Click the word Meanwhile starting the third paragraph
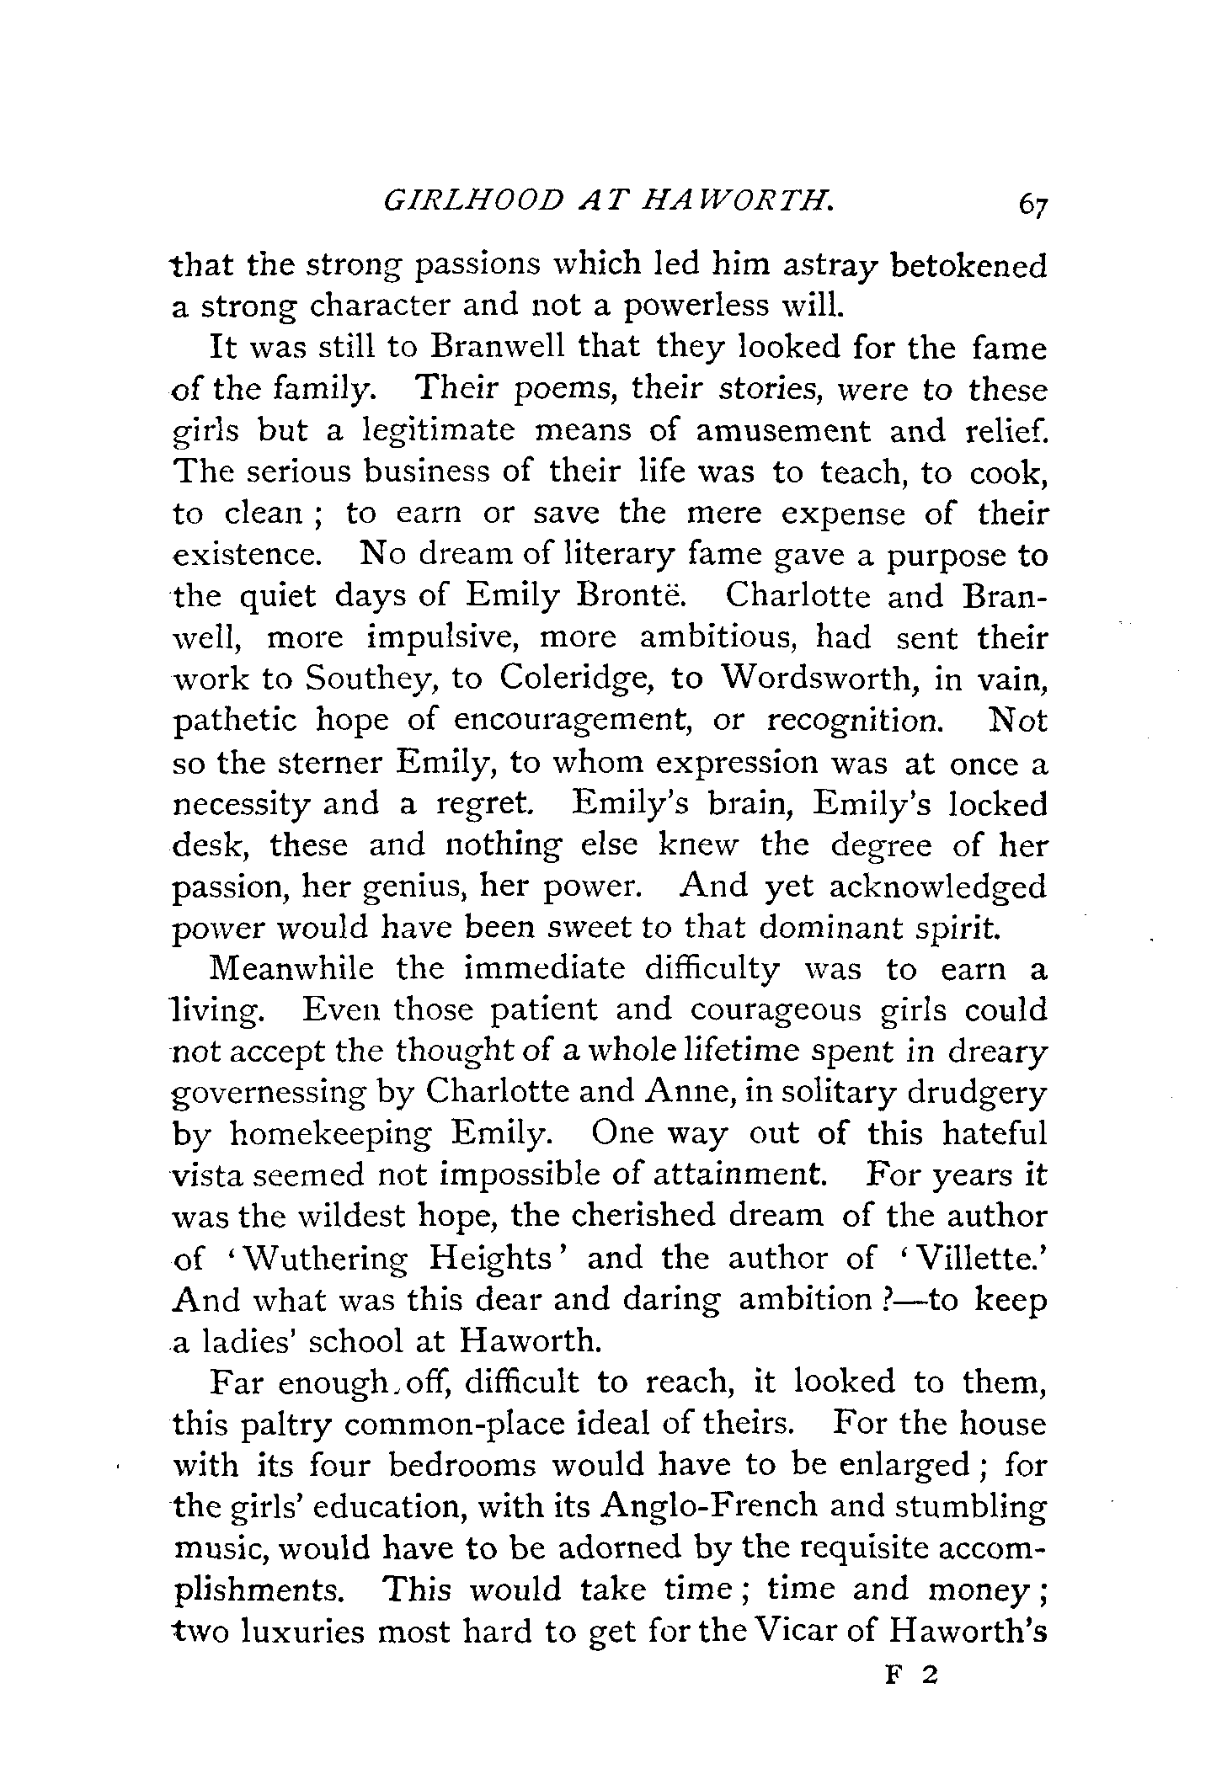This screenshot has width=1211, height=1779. [x=291, y=970]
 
